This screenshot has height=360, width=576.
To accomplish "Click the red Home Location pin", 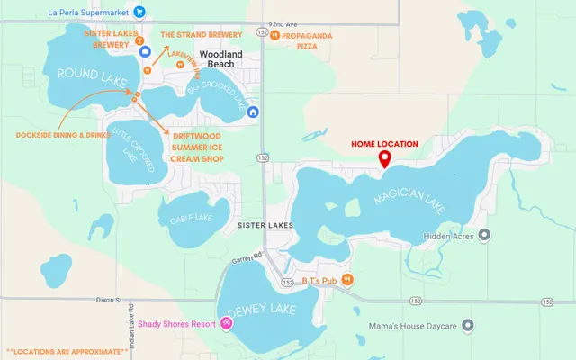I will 384,159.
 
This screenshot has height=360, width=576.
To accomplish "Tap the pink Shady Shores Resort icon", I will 226,324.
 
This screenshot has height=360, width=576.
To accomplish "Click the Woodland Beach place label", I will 222,58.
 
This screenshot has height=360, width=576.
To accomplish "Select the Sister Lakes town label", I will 263,220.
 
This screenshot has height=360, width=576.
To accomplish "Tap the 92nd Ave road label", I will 281,24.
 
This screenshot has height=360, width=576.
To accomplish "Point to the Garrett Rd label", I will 246,258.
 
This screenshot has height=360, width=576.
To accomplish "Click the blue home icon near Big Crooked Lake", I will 254,112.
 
